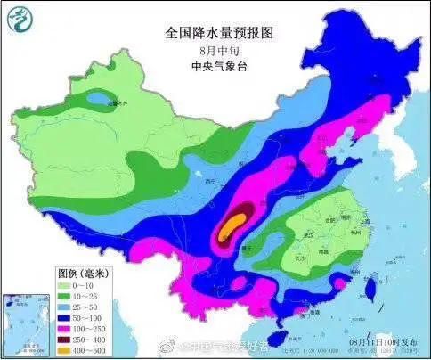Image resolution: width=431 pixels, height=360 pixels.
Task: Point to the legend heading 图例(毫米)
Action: coord(81,272)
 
